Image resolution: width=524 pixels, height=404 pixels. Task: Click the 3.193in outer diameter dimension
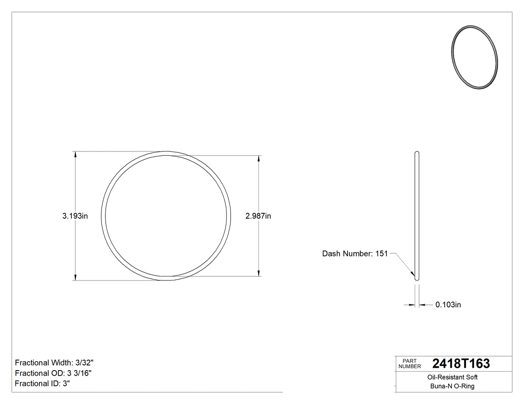75,216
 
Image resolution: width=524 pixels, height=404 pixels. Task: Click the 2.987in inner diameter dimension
258,216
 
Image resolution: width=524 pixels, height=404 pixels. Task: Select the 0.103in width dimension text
448,305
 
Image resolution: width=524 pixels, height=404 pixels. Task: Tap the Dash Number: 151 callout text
355,254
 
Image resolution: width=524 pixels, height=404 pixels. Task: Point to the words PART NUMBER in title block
409,364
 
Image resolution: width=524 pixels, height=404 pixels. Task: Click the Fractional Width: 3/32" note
54,363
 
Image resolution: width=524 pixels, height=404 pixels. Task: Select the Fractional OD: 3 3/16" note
53,373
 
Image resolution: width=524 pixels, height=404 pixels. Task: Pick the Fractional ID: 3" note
42,384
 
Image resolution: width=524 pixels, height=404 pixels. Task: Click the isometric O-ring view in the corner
474,57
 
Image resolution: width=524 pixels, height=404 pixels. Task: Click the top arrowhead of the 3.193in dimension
75,155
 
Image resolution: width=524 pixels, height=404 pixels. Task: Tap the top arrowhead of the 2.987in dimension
259,159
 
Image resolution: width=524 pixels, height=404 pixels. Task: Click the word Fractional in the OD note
31,373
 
